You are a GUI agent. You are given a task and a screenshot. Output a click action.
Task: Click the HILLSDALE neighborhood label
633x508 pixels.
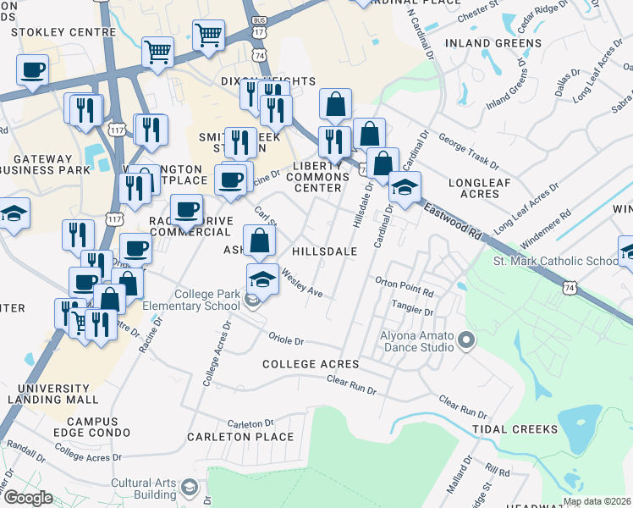click(x=324, y=251)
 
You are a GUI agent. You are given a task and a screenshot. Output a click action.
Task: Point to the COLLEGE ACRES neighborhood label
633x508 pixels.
click(x=311, y=364)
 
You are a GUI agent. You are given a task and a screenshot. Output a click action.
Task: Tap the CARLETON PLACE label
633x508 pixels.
click(x=252, y=438)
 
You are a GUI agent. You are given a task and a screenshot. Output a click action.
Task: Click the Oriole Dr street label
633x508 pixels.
click(x=286, y=341)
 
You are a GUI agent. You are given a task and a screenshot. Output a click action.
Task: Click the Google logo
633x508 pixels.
click(x=28, y=498)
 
